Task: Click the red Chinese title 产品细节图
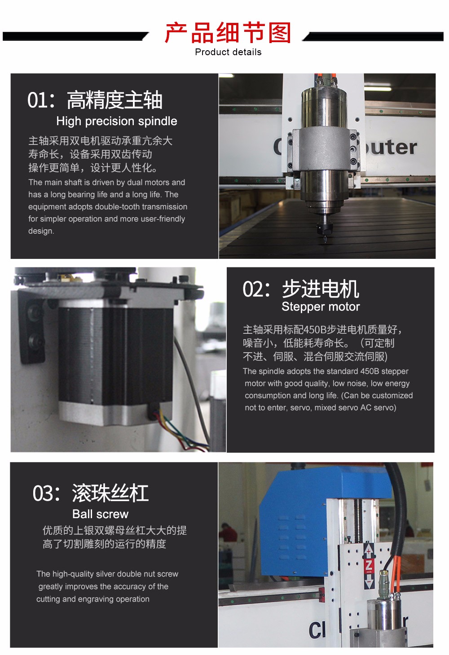point(228,33)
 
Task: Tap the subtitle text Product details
point(228,52)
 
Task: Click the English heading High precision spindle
point(117,121)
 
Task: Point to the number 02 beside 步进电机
point(252,289)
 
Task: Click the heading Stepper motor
point(321,307)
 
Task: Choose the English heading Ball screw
point(101,514)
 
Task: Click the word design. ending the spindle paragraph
point(41,231)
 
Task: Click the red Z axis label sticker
point(369,567)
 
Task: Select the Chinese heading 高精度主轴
point(115,100)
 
